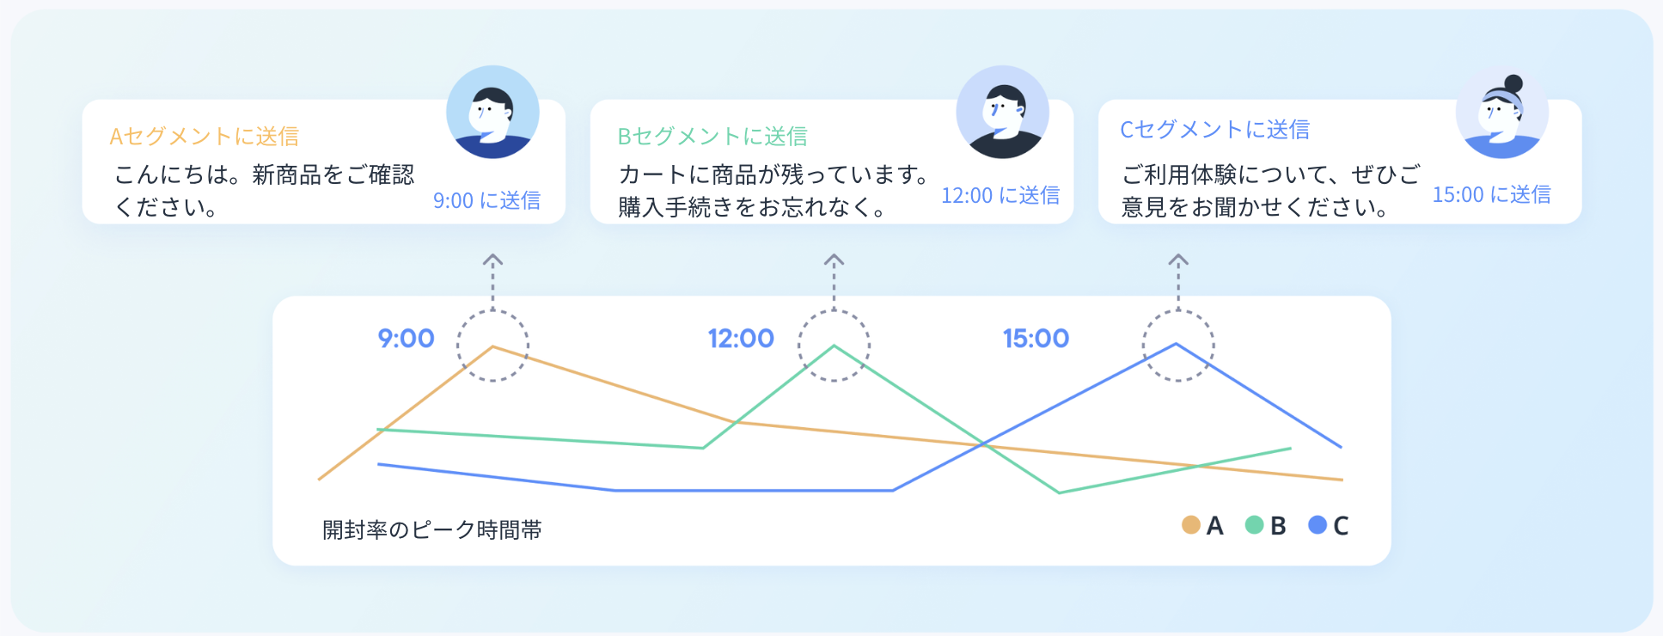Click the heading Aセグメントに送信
(205, 136)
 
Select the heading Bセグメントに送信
(712, 136)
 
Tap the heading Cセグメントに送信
(1214, 129)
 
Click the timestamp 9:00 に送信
(486, 200)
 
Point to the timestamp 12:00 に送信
(1000, 195)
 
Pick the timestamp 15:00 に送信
(1491, 194)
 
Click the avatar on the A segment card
(492, 112)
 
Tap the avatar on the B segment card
(1002, 112)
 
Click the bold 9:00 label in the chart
(407, 339)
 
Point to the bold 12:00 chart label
(741, 339)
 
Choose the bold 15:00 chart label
(1036, 339)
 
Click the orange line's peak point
(492, 346)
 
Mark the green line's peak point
(834, 346)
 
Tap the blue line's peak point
(1177, 344)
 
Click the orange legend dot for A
(1191, 524)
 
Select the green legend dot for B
(1255, 524)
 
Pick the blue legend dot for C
(1318, 524)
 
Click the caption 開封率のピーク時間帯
(432, 529)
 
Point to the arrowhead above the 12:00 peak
(834, 259)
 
